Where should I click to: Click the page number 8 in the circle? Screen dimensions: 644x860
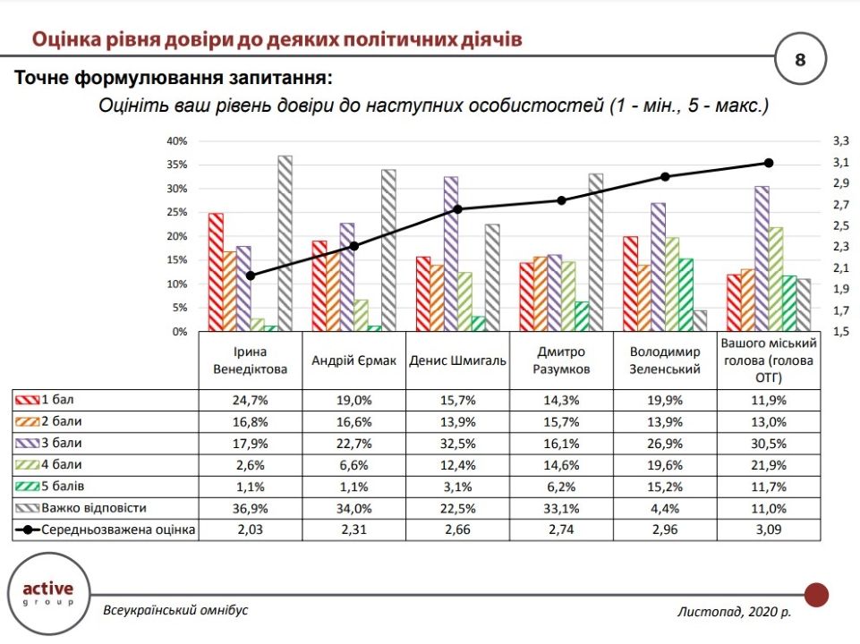[x=800, y=60]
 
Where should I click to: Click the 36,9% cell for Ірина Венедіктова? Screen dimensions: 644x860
[x=250, y=509]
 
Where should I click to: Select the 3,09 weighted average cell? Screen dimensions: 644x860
[x=768, y=530]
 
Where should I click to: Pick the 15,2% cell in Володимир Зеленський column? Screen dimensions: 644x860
[x=665, y=487]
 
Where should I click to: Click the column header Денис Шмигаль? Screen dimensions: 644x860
[x=457, y=361]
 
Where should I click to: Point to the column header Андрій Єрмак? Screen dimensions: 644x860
[x=353, y=361]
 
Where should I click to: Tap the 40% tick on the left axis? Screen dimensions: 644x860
[x=176, y=141]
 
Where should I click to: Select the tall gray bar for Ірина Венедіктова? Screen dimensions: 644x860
[x=285, y=243]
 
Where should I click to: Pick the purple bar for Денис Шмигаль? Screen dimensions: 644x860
[x=450, y=254]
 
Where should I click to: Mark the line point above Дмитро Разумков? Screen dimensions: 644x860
[x=561, y=200]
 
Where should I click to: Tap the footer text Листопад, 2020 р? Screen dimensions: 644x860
[x=734, y=612]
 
